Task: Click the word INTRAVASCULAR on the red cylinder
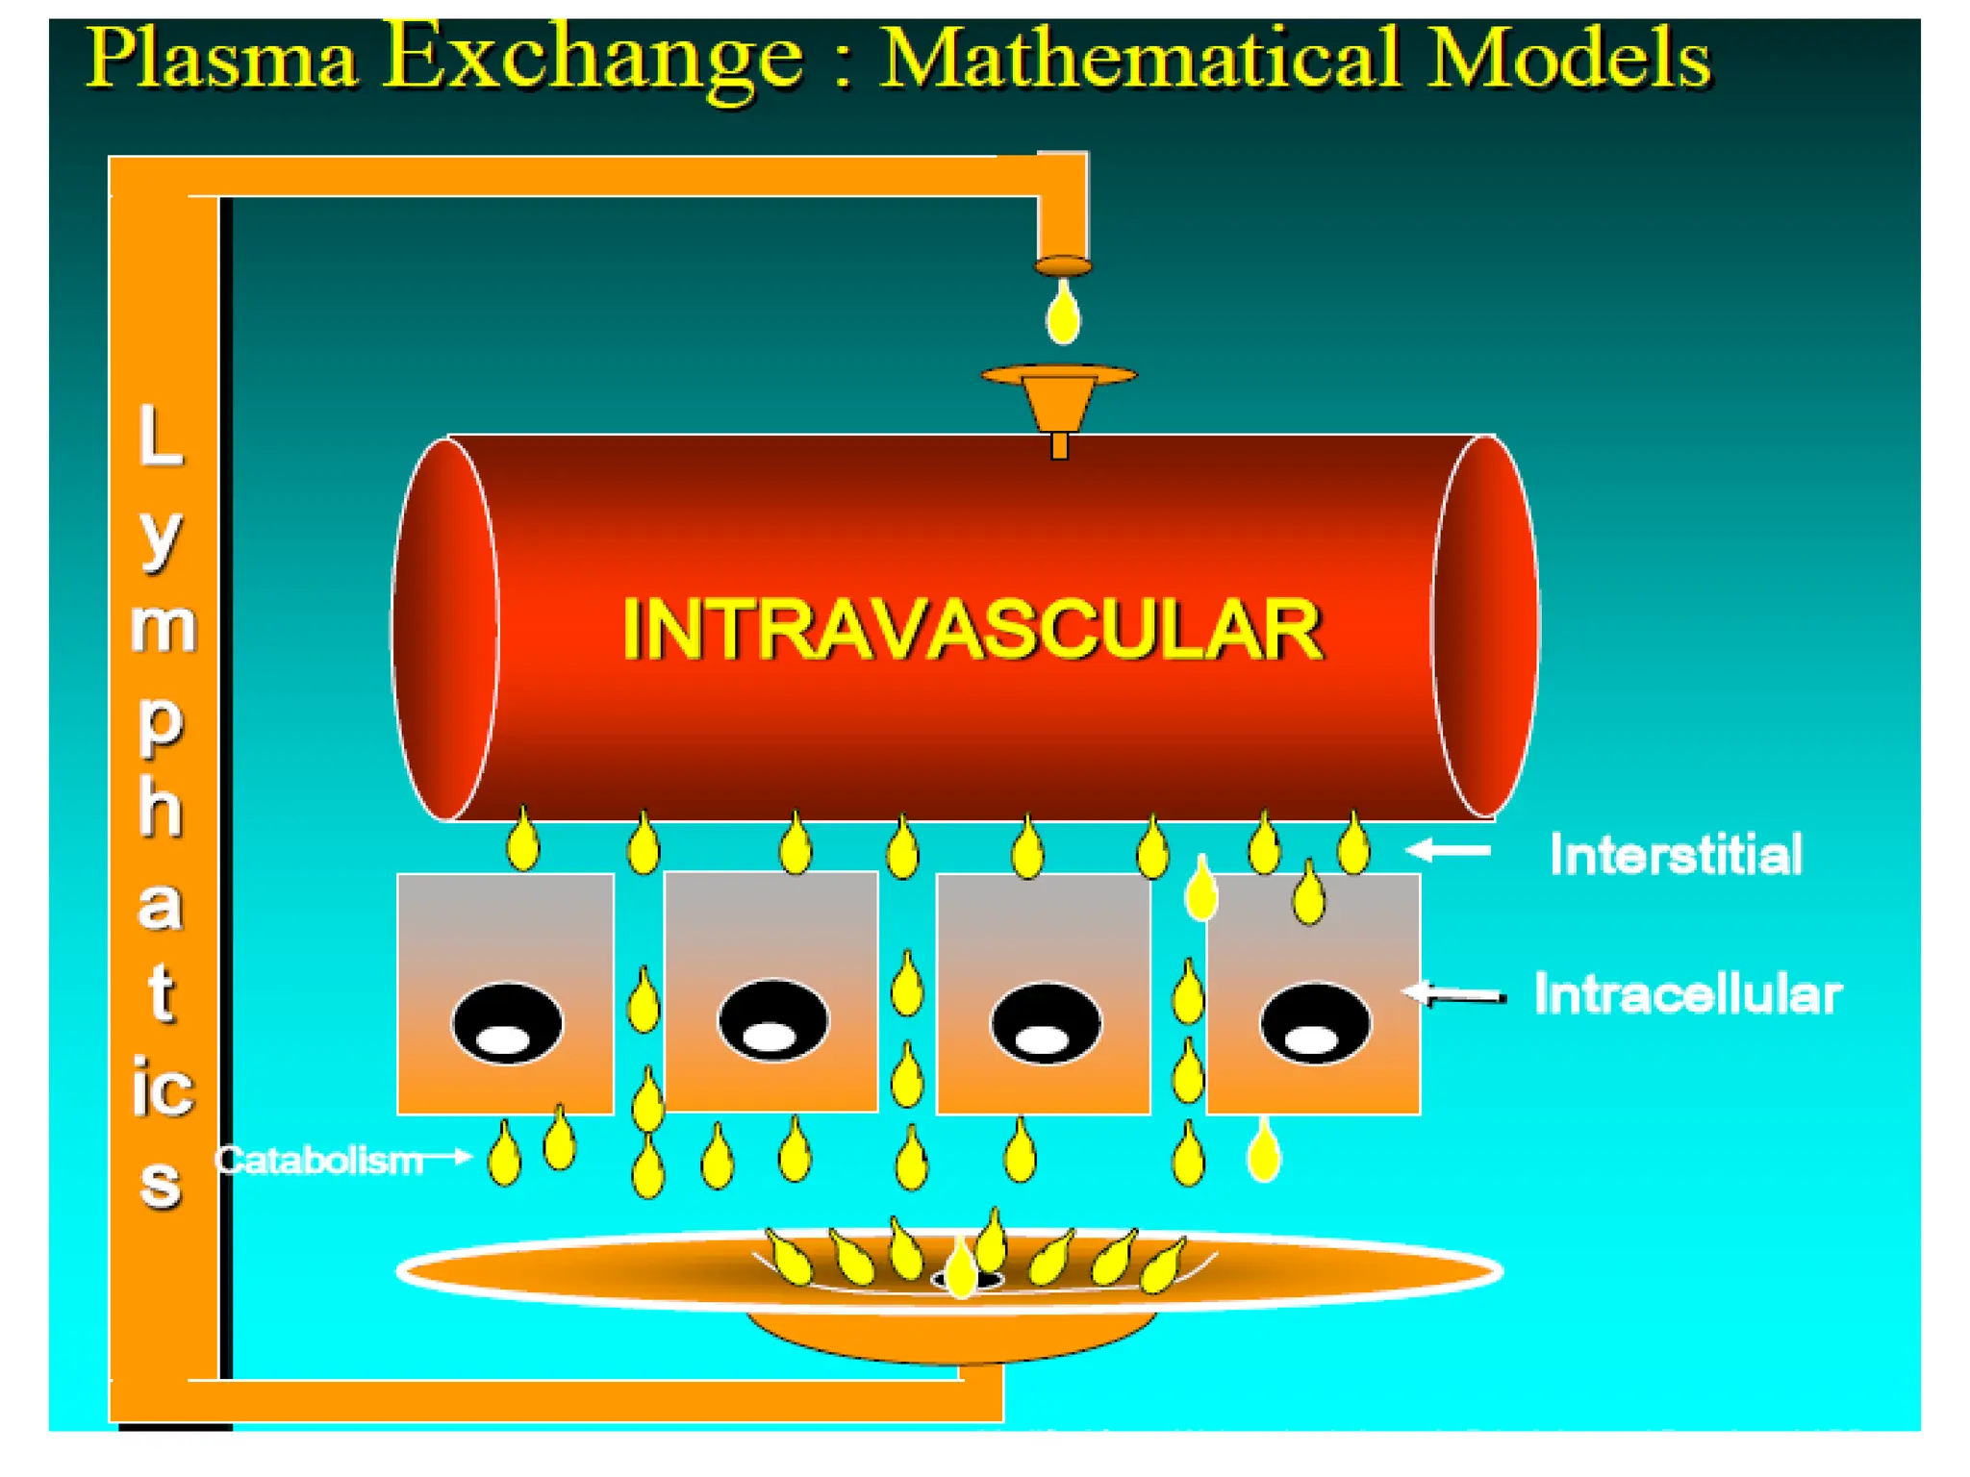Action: (x=972, y=629)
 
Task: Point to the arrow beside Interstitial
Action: (x=1449, y=850)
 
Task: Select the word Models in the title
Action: (x=1568, y=58)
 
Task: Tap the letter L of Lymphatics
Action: (x=160, y=435)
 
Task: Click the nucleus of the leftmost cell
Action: (x=507, y=1023)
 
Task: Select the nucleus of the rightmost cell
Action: (x=1314, y=1023)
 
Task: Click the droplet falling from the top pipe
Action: (x=1063, y=313)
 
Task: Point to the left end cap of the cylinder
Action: (x=445, y=629)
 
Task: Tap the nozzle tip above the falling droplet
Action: (x=1063, y=265)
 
